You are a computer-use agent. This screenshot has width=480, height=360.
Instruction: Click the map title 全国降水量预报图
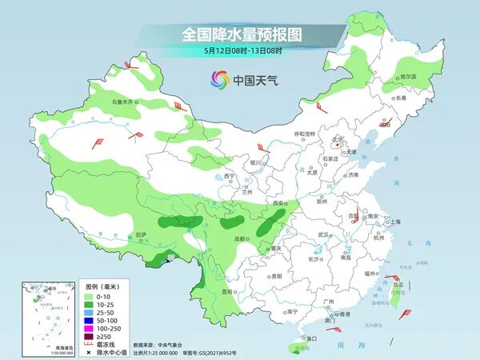tap(240, 34)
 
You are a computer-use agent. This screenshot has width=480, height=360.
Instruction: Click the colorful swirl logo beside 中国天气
tap(219, 80)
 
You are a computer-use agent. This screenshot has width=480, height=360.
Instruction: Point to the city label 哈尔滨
tap(407, 77)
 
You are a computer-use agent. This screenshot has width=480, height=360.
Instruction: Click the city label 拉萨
tap(141, 235)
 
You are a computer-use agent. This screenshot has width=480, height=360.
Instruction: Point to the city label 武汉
tap(323, 234)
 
